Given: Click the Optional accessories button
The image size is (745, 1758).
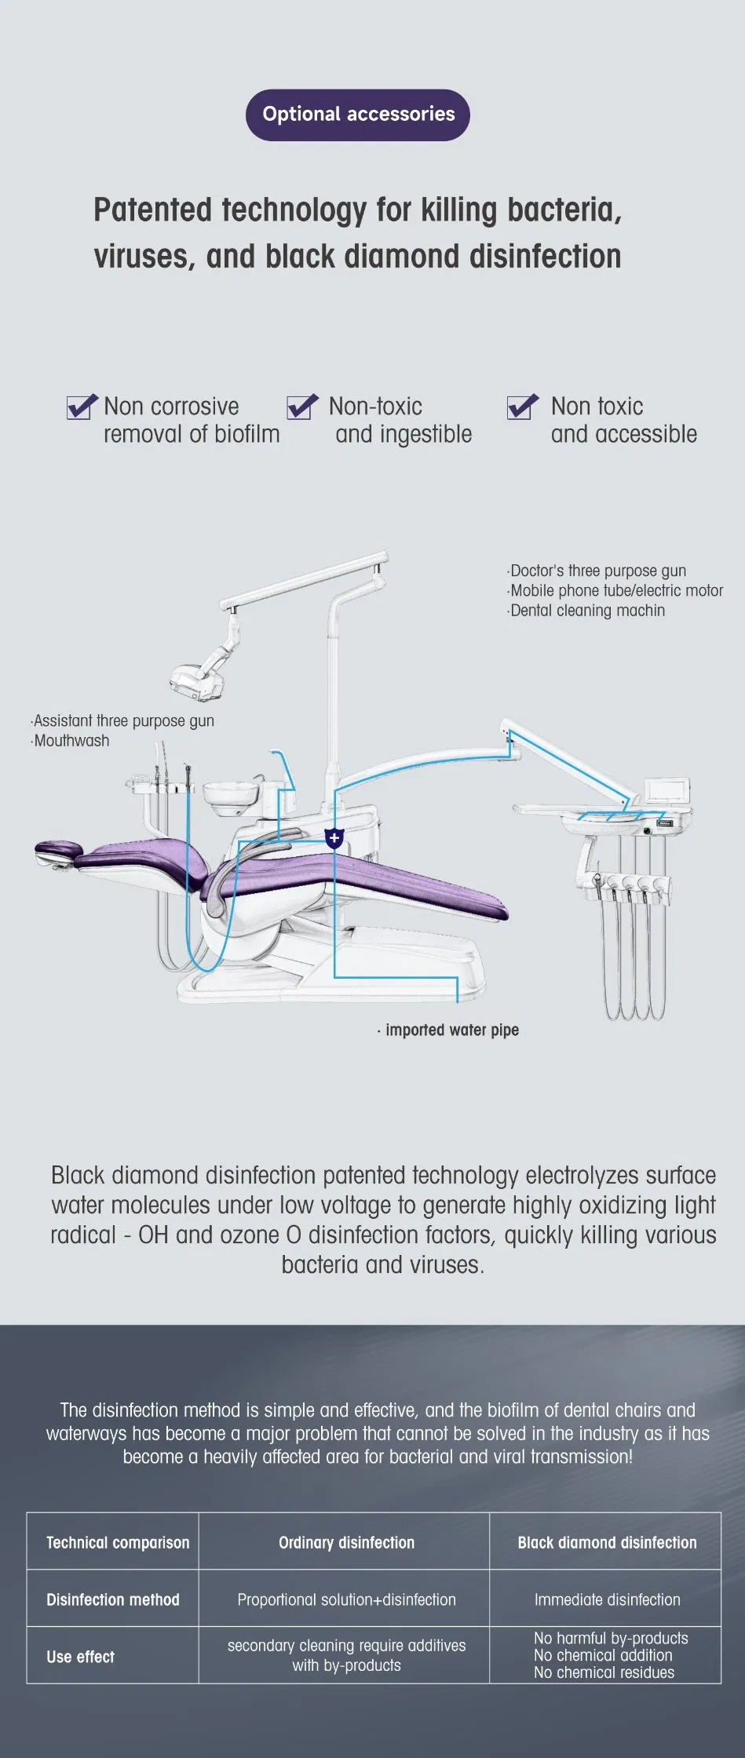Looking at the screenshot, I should tap(358, 115).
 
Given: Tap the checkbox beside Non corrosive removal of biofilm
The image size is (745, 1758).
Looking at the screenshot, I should tap(81, 407).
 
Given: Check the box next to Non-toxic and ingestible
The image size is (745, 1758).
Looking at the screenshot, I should tap(301, 407).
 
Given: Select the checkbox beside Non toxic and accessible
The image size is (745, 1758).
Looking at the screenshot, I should tap(522, 407).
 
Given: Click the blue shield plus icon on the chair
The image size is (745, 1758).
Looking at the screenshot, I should tap(334, 837).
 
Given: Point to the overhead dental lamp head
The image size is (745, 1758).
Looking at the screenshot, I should tap(193, 680).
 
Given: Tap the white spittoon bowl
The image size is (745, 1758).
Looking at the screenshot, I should tap(231, 793).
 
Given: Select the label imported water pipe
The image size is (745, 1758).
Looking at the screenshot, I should tap(451, 1030).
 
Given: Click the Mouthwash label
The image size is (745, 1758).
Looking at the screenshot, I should tap(71, 741).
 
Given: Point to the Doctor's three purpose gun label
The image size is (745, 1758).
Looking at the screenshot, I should tap(597, 571).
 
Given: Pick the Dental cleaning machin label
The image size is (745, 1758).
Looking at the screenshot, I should tap(587, 611).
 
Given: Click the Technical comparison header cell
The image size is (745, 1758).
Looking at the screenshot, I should tap(118, 1542).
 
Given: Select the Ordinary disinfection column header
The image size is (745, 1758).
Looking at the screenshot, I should tap(346, 1542).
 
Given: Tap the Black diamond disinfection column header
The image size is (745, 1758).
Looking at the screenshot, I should tap(607, 1542).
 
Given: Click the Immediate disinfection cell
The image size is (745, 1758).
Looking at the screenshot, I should tap(607, 1599).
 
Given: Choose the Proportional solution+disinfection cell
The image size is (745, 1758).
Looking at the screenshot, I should tap(346, 1599).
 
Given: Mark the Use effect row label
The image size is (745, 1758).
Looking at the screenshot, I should tap(80, 1657).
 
